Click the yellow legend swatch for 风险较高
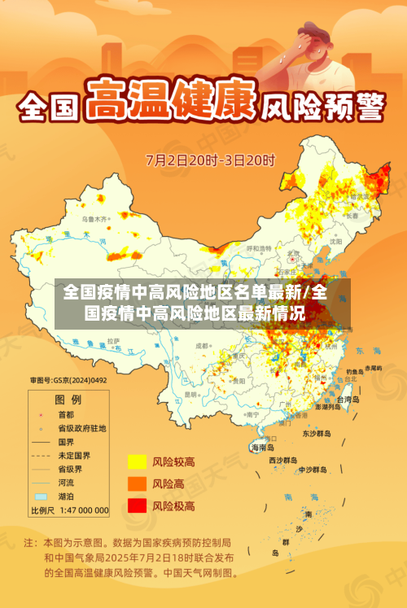pyautogui.click(x=136, y=462)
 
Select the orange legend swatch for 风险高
pyautogui.click(x=136, y=483)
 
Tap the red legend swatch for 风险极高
pyautogui.click(x=136, y=505)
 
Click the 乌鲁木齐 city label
pyautogui.click(x=94, y=219)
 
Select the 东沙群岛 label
pyautogui.click(x=317, y=434)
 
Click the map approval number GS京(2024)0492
pyautogui.click(x=68, y=379)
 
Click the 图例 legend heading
pyautogui.click(x=68, y=400)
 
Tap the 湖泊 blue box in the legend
pyautogui.click(x=41, y=496)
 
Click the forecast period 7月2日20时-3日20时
pyautogui.click(x=210, y=159)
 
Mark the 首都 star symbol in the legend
pyautogui.click(x=41, y=414)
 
